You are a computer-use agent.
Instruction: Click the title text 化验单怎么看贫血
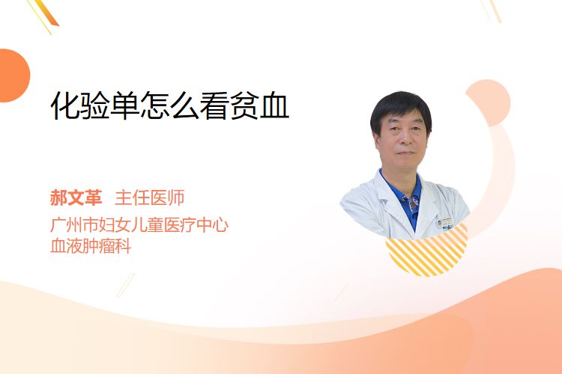[170, 105]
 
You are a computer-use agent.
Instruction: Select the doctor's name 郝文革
[76, 198]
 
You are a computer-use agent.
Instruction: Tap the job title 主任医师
[150, 198]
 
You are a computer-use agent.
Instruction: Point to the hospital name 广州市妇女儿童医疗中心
[139, 225]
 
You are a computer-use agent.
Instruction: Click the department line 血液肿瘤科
[91, 246]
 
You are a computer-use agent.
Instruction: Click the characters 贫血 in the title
[259, 105]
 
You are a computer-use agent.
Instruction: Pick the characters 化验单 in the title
[95, 105]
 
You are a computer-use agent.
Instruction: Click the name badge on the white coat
[446, 223]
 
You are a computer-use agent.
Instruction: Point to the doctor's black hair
[401, 108]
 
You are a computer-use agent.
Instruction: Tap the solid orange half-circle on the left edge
[13, 76]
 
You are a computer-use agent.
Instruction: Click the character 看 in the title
[214, 105]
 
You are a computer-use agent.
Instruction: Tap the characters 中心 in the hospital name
[213, 225]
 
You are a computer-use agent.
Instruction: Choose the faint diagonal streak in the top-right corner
[492, 10]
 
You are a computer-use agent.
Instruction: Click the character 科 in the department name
[124, 246]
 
